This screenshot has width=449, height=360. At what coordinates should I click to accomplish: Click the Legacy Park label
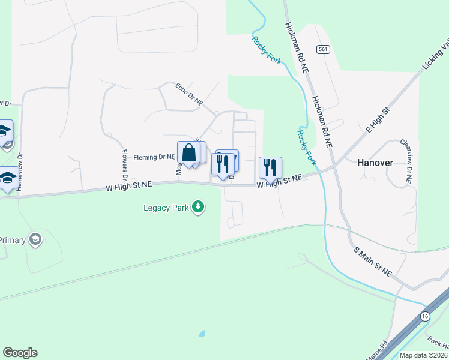[x=166, y=208]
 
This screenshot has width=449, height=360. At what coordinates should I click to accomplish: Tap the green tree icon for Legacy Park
[x=198, y=208]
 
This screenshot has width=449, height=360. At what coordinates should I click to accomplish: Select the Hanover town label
[x=375, y=163]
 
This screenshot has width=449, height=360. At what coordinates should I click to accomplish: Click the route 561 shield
[x=324, y=49]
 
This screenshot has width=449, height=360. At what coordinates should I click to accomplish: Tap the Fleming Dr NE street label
[x=154, y=157]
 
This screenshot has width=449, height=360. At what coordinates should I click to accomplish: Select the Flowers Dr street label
[x=124, y=164]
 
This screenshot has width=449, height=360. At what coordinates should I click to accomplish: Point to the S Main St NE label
[x=372, y=262]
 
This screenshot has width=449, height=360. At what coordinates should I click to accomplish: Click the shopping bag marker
[x=189, y=153]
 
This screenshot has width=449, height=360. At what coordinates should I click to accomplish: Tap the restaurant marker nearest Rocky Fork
[x=270, y=167]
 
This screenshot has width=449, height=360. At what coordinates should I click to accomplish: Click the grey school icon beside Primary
[x=35, y=239]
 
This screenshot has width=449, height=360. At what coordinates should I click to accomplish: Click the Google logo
[x=20, y=353]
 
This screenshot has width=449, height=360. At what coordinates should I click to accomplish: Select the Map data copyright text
[x=423, y=355]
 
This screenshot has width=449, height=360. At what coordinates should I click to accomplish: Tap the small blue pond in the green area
[x=201, y=333]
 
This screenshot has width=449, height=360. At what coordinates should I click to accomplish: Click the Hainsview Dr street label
[x=20, y=172]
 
